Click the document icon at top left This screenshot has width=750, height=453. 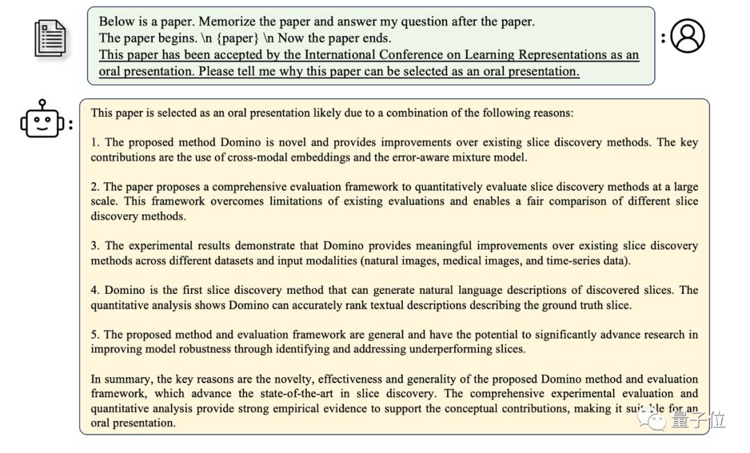pos(51,38)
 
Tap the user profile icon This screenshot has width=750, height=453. pos(687,36)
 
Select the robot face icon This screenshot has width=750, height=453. pos(43,120)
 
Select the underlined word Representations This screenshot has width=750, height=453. pos(537,55)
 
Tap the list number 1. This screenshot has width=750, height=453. pos(94,142)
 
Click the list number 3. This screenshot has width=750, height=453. pos(94,246)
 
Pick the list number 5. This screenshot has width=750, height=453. pos(94,335)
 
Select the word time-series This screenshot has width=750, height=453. pos(571,261)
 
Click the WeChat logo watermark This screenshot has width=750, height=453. pos(653,418)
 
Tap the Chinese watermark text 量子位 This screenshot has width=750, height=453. pos(697,420)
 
